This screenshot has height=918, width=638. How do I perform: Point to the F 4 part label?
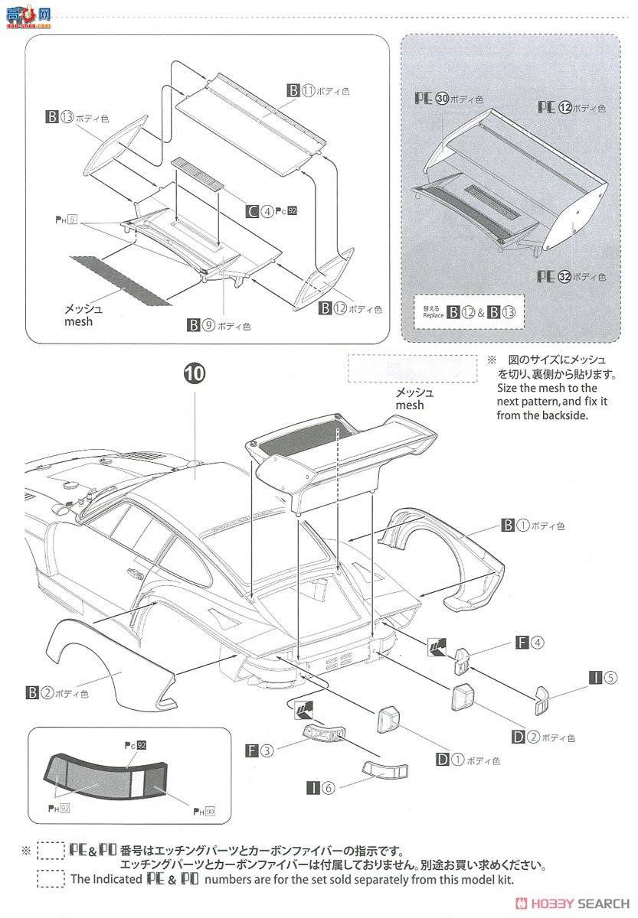pos(532,643)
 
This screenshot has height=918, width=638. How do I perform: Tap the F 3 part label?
pos(260,750)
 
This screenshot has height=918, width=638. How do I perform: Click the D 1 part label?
pos(465,760)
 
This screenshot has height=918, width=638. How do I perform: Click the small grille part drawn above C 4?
pos(198,173)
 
